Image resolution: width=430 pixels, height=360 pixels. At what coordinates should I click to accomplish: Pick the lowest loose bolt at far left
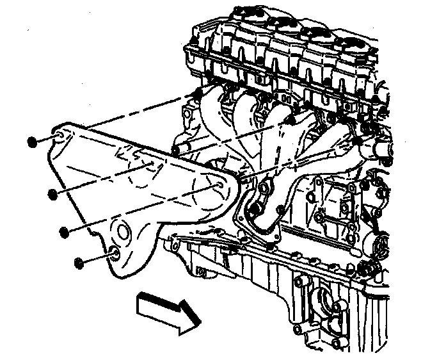click(x=79, y=262)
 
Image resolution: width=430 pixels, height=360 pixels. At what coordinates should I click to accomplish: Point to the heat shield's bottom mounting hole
click(x=113, y=252)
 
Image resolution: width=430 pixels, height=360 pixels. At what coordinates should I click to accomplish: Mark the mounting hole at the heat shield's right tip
click(x=220, y=186)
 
